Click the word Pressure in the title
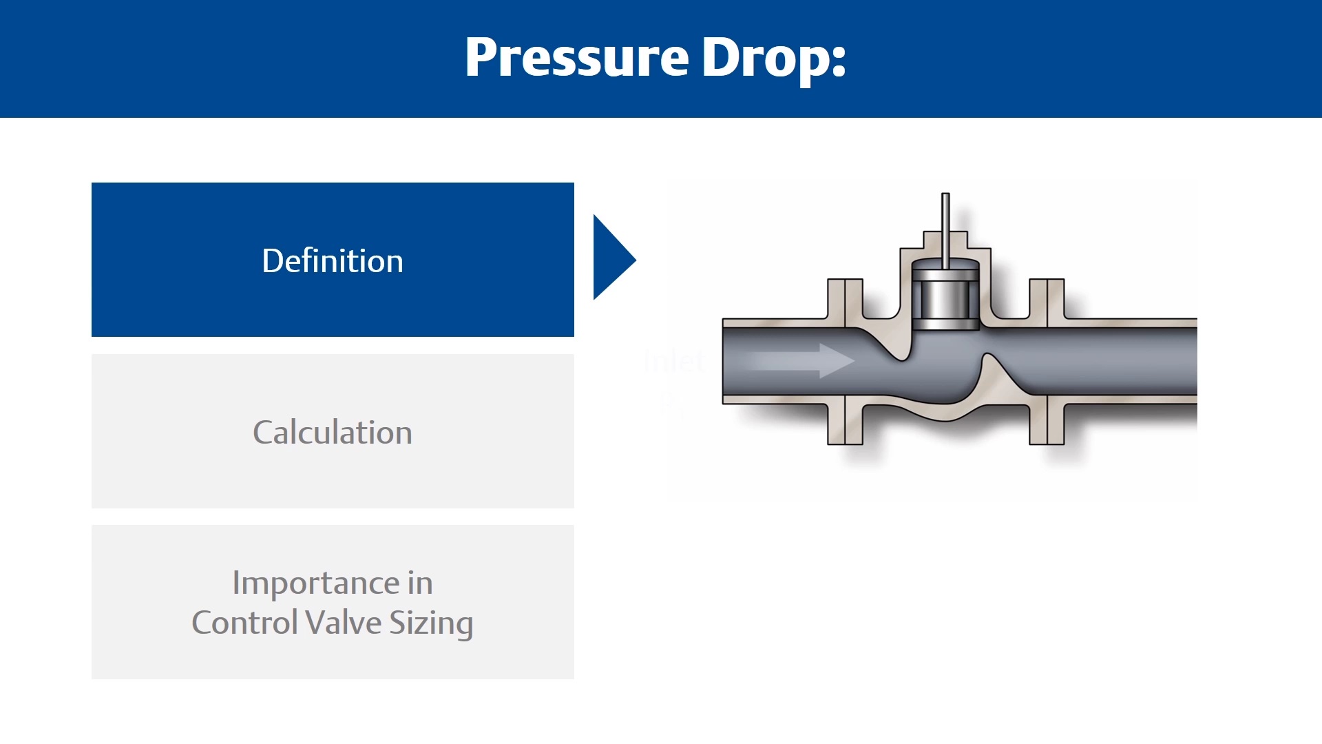click(577, 58)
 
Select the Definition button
click(333, 260)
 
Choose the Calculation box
click(333, 431)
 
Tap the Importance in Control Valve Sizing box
click(333, 602)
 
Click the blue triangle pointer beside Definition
click(611, 257)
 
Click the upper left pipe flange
click(845, 298)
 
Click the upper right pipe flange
click(1047, 298)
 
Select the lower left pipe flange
click(845, 424)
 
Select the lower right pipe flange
click(1047, 424)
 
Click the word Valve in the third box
click(343, 623)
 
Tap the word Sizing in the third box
click(431, 623)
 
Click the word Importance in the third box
click(315, 583)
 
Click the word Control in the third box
click(244, 623)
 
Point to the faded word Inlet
click(674, 360)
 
